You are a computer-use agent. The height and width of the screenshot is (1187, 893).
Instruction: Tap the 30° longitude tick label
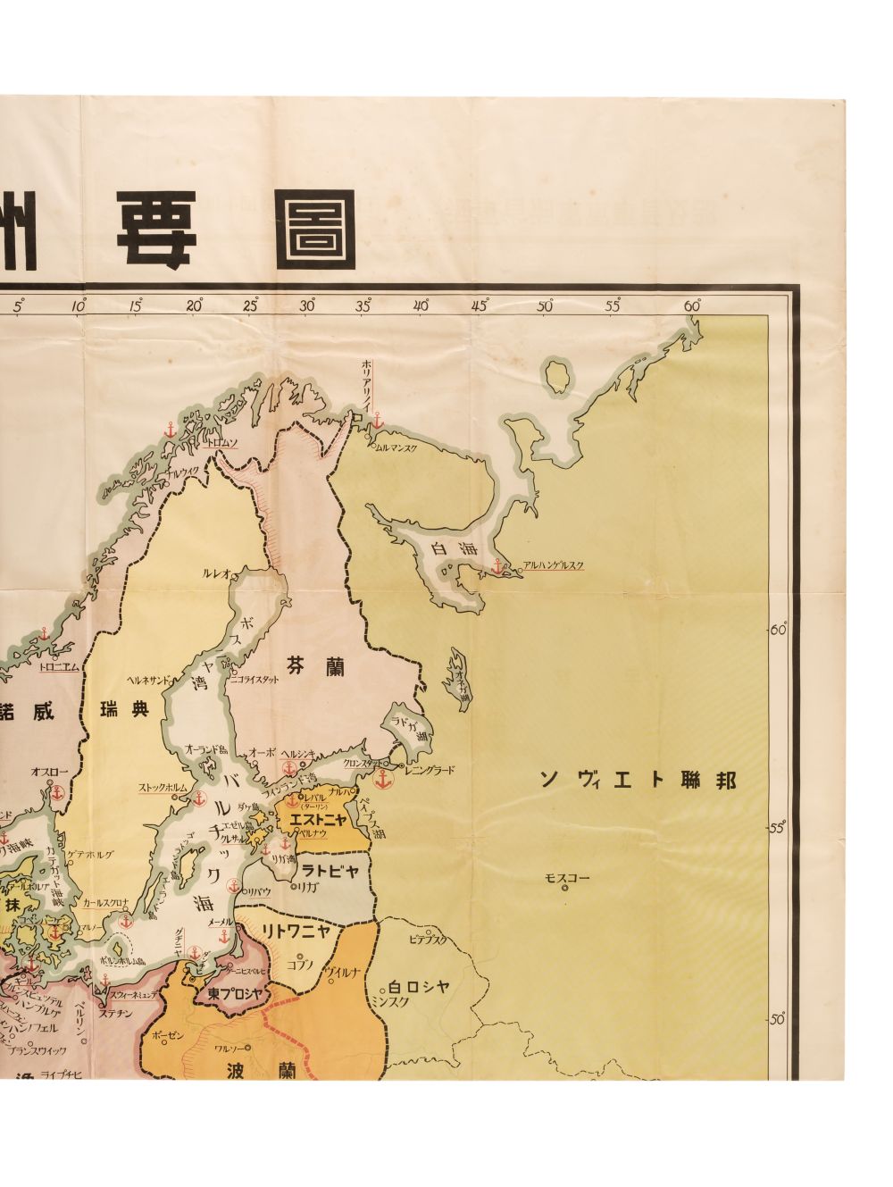tap(308, 305)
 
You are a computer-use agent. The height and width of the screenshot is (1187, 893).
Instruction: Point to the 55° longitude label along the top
tap(613, 305)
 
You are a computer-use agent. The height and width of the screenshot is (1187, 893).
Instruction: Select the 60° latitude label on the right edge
tap(778, 630)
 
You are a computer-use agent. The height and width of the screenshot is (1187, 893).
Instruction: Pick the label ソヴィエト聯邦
tap(638, 779)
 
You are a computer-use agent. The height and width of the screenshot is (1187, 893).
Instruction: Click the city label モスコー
tap(567, 877)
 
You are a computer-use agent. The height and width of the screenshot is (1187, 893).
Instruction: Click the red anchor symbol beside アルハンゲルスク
tap(498, 564)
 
